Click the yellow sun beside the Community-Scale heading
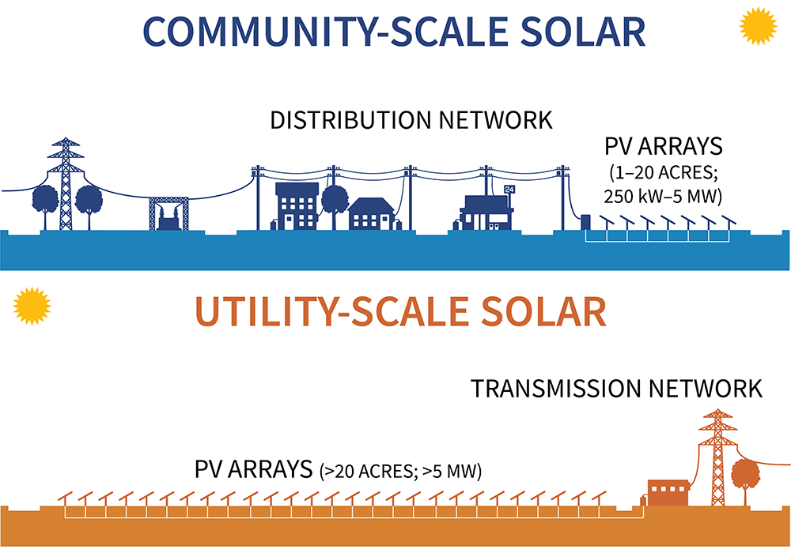(x=757, y=27)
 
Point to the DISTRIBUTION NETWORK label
(x=411, y=121)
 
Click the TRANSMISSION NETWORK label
(x=616, y=389)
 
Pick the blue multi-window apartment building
(x=297, y=205)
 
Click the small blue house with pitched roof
(x=371, y=212)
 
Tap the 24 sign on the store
(x=509, y=190)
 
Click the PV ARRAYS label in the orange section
(x=253, y=468)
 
